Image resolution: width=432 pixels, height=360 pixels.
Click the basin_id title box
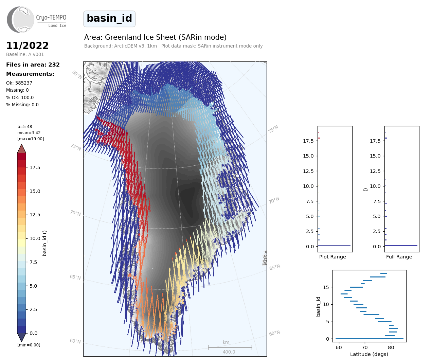tap(109, 19)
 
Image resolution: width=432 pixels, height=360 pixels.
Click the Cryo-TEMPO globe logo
tap(20, 19)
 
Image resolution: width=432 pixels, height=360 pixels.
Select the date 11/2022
tap(28, 46)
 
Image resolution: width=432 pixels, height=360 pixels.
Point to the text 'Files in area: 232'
tap(33, 65)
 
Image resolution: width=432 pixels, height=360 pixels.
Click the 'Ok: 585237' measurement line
tap(19, 83)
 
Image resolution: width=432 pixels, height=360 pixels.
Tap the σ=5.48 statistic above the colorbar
tap(24, 127)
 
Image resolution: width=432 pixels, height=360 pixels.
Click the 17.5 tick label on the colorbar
tap(35, 167)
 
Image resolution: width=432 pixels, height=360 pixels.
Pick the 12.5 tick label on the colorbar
tap(35, 215)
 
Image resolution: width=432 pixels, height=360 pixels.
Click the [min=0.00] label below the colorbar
tap(29, 345)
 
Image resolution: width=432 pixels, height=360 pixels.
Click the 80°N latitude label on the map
tap(77, 75)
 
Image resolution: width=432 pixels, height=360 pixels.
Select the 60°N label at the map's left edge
tap(75, 341)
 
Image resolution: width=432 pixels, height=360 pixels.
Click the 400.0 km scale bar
tap(230, 347)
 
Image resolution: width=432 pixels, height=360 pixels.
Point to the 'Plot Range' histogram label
tap(332, 257)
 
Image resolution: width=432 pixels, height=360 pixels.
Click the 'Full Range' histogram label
tap(399, 257)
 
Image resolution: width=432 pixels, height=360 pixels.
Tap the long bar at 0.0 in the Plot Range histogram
tap(334, 246)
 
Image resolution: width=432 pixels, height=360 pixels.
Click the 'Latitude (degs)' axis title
tap(369, 354)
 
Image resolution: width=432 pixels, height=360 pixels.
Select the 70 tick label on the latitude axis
tap(365, 347)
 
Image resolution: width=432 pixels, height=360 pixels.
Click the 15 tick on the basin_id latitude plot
tap(326, 287)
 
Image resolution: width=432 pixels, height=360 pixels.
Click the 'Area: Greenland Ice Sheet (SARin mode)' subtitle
tap(156, 37)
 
